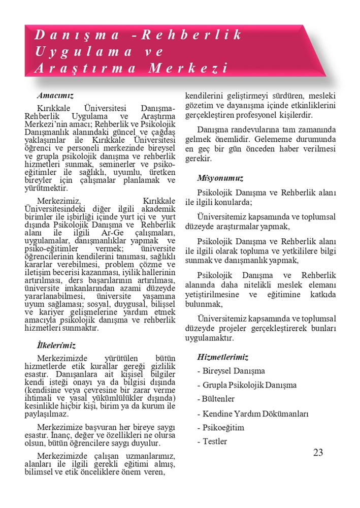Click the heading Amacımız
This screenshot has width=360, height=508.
point(55,95)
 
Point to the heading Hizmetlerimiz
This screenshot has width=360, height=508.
point(222,357)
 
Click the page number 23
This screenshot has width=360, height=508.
point(318,453)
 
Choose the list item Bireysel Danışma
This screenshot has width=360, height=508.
point(231,371)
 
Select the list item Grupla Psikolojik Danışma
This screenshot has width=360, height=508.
point(247,385)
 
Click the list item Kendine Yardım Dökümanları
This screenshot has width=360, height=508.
point(253,414)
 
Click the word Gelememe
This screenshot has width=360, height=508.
point(275,138)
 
